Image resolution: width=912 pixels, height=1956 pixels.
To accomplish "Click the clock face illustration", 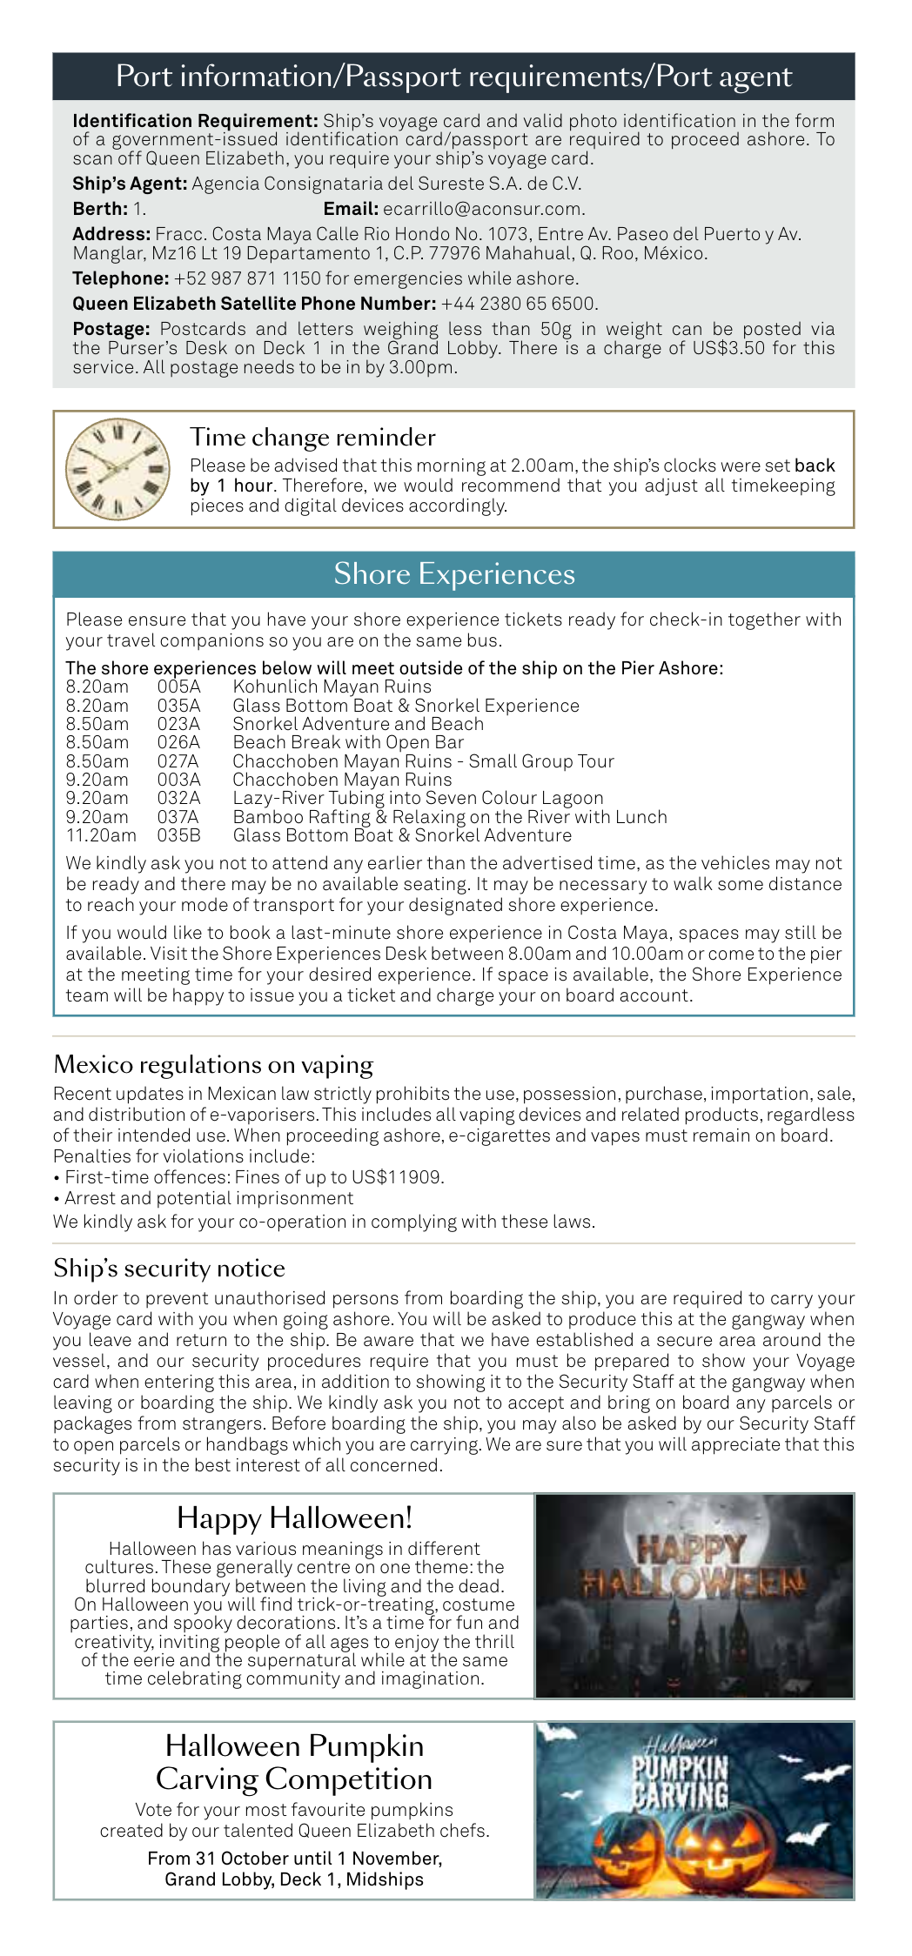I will pos(118,470).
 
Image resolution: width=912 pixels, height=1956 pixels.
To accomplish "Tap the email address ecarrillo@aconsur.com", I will pos(483,209).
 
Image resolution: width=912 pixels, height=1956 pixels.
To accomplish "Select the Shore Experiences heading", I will pos(454,574).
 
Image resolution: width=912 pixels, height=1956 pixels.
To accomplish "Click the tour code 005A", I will pos(178,687).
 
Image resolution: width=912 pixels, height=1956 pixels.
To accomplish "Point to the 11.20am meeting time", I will pos(101,835).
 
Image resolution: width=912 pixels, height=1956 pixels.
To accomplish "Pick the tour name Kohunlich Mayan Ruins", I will pos(332,687).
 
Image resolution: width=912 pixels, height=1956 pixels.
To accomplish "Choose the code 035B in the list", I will pos(178,835).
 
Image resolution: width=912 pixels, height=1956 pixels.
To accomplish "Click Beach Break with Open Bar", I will pos(348,742).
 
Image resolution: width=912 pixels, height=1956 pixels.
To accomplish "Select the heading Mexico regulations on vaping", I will pos(213,1065).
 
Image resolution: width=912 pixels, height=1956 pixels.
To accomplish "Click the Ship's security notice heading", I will pos(169,1269).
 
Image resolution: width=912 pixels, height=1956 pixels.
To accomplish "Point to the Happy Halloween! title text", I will pos(294,1517).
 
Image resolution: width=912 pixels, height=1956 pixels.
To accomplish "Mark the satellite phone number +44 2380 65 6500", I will pos(519,304).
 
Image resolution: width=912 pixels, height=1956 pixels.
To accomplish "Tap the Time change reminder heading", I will pos(312,437).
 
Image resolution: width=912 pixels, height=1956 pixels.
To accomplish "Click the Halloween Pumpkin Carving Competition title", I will pos(294,1762).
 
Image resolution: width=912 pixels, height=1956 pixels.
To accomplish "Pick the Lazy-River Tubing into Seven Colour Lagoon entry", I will pos(418,798).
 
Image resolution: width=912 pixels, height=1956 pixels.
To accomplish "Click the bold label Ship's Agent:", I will pos(130,184).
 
